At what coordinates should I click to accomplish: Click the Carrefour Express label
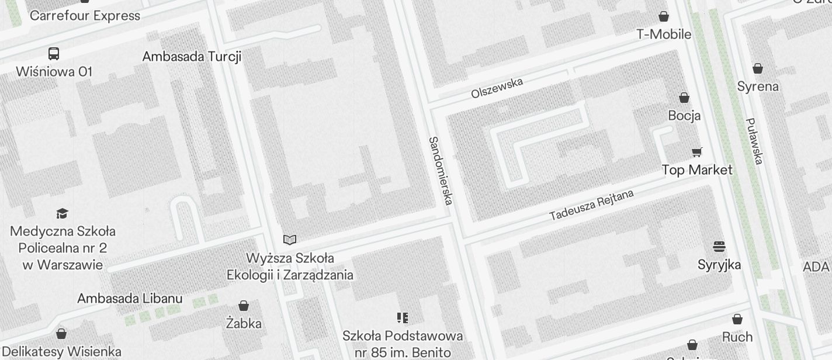point(85,16)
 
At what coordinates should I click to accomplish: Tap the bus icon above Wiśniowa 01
point(54,54)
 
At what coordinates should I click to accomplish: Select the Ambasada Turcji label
point(192,57)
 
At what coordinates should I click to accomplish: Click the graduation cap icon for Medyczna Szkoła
point(63,213)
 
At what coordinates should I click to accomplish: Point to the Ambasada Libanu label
point(130,299)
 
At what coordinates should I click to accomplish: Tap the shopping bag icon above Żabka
point(244,306)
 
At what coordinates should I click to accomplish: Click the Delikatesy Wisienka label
point(62,352)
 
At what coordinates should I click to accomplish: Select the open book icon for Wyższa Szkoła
point(290,240)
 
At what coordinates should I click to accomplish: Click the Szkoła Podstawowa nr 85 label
point(403,344)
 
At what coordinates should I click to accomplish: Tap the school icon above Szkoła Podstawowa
point(402,318)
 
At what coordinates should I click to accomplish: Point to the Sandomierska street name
point(441,171)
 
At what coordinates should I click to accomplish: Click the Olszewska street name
point(497,88)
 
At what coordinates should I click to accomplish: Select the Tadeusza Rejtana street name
point(591,205)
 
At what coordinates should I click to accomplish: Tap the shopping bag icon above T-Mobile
point(664,16)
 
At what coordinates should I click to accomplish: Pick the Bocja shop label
point(684,116)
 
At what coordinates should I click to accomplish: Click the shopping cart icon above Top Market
point(696,153)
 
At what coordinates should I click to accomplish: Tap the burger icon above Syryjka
point(719,247)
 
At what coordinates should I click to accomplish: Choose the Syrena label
point(758,86)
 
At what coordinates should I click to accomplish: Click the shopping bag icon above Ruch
point(737,319)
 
